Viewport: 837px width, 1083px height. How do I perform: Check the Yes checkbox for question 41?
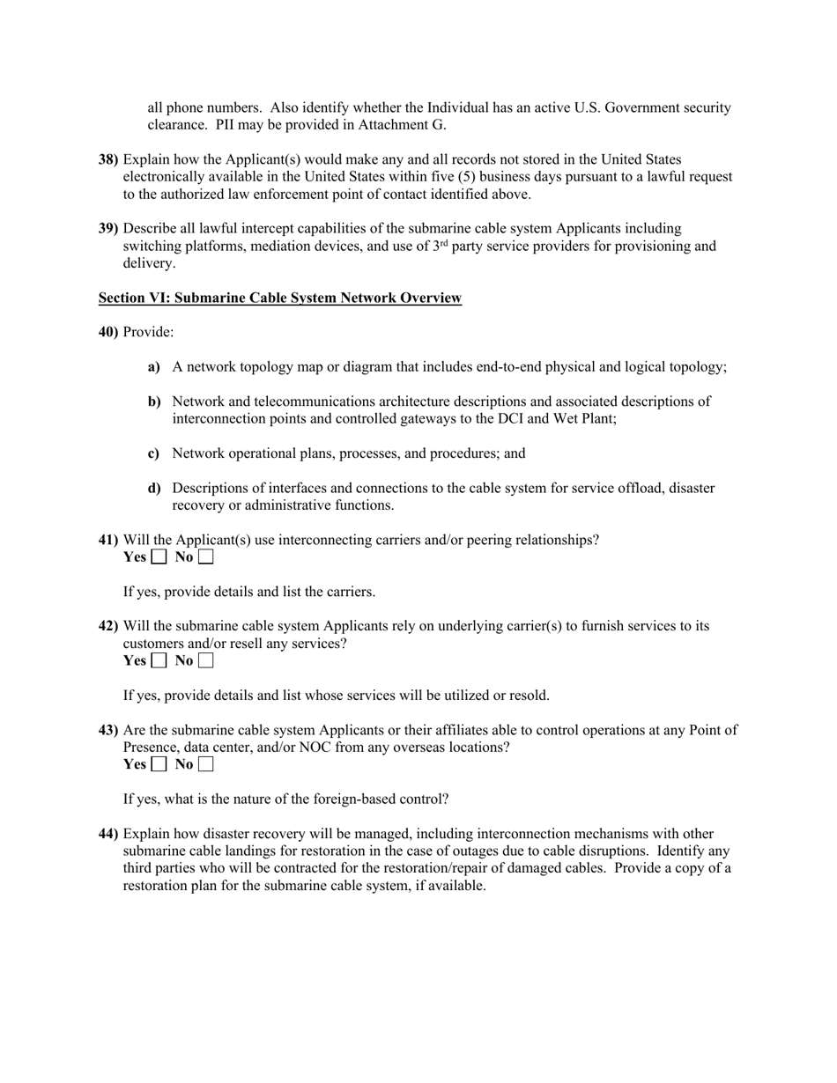click(x=159, y=557)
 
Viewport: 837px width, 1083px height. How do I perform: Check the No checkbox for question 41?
click(x=205, y=557)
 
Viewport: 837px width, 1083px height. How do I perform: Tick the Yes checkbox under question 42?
click(x=159, y=661)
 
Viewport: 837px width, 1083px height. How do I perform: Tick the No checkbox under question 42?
click(x=205, y=661)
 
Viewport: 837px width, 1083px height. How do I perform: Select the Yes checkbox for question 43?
click(x=159, y=765)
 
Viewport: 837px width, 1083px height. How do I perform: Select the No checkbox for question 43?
click(x=205, y=765)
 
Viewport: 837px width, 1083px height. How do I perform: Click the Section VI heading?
click(x=279, y=298)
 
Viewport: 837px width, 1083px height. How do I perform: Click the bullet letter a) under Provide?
click(x=154, y=367)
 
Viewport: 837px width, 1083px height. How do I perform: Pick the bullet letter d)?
click(x=154, y=489)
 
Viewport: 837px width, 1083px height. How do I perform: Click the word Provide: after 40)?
click(x=148, y=333)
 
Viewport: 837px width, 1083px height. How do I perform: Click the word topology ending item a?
click(x=698, y=367)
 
